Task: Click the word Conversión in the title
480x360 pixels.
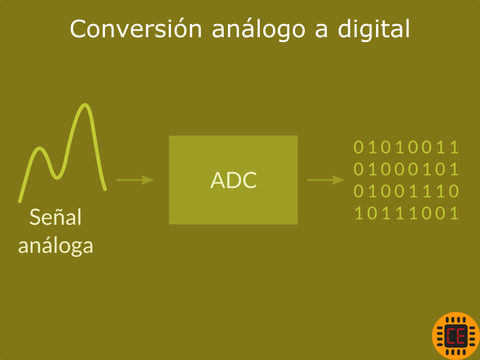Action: tap(136, 29)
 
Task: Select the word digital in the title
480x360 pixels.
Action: tap(373, 29)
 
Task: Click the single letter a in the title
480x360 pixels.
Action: tap(322, 31)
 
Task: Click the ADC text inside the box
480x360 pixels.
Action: tap(233, 180)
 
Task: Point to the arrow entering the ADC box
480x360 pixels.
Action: tap(135, 179)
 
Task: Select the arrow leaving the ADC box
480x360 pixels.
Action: tap(326, 179)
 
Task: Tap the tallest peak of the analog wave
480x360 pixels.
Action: tap(85, 106)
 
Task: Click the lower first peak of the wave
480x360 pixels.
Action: tap(40, 149)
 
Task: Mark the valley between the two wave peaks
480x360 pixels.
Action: tap(57, 177)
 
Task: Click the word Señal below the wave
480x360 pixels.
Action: tap(55, 217)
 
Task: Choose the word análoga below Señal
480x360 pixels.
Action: tap(55, 245)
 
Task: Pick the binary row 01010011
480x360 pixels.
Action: tap(406, 147)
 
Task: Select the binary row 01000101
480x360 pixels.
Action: tap(406, 169)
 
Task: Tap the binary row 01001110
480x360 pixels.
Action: tap(406, 191)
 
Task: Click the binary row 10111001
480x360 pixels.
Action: tap(406, 213)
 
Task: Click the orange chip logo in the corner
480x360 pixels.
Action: tap(456, 336)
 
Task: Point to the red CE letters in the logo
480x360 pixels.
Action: tap(456, 336)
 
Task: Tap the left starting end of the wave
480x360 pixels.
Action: tap(20, 201)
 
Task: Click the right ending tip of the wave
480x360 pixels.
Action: tap(105, 189)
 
